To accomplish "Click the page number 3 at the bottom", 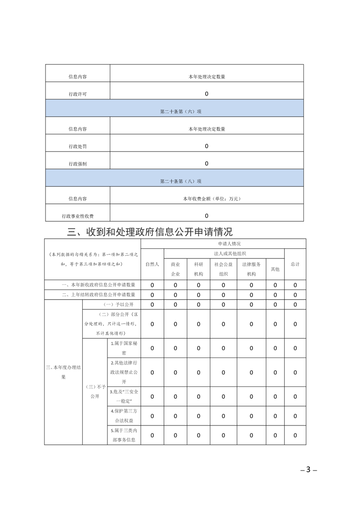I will pyautogui.click(x=308, y=470).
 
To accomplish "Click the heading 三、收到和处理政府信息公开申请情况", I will pyautogui.click(x=150, y=231).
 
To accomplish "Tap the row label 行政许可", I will pyautogui.click(x=78, y=94).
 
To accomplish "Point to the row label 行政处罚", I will pyautogui.click(x=78, y=146).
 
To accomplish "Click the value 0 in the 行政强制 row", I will pyautogui.click(x=207, y=163).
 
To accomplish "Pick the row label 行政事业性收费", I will pyautogui.click(x=78, y=216).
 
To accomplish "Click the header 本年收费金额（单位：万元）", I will pyautogui.click(x=207, y=199).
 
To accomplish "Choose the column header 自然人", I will pyautogui.click(x=152, y=264).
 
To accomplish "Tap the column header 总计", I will pyautogui.click(x=295, y=264).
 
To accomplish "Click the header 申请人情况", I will pyautogui.click(x=223, y=244).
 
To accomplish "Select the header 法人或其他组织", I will pyautogui.click(x=224, y=253).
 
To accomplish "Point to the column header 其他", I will pyautogui.click(x=275, y=269).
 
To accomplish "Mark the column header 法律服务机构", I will pyautogui.click(x=252, y=269).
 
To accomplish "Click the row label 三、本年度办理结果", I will pyautogui.click(x=63, y=372).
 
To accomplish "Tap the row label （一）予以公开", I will pyautogui.click(x=112, y=305).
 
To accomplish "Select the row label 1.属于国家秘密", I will pyautogui.click(x=124, y=348).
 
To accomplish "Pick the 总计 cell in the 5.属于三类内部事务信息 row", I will pyautogui.click(x=295, y=435).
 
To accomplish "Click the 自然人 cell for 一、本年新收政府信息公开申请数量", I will pyautogui.click(x=152, y=285).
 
